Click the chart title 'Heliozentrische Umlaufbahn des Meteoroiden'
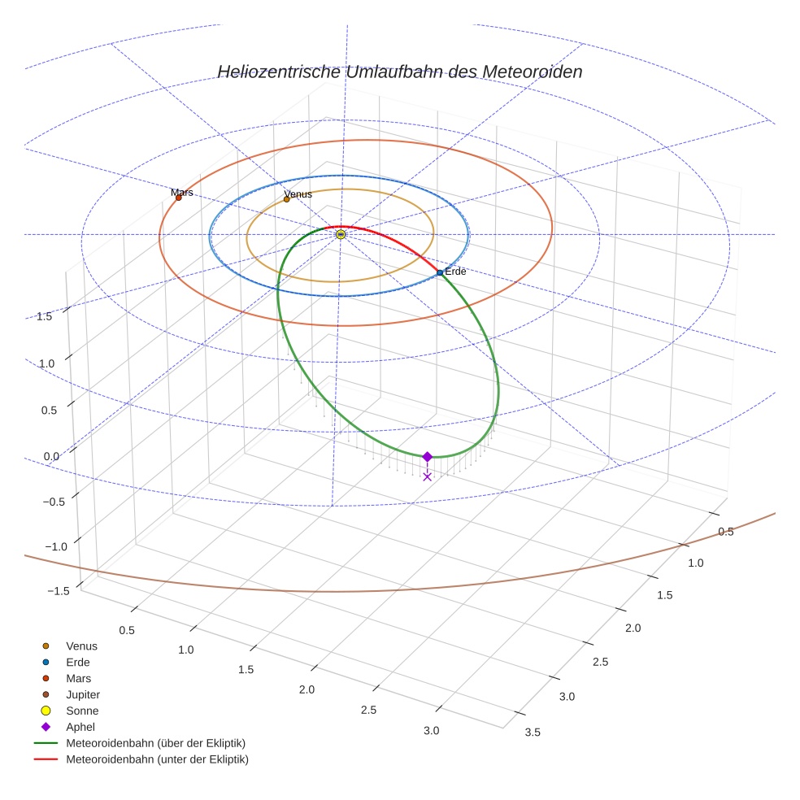point(399,72)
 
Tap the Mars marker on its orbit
point(179,198)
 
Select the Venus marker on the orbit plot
point(286,199)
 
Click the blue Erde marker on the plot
point(440,272)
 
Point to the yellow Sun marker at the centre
point(341,234)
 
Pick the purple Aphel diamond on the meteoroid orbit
point(427,457)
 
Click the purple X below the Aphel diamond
point(427,476)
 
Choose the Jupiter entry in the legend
point(82,694)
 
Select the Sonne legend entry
point(82,711)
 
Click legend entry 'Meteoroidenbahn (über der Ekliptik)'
point(155,743)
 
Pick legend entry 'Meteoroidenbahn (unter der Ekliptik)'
point(157,759)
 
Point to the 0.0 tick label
point(50,456)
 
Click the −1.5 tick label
point(55,591)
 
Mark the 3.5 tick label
point(533,732)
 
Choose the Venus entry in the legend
point(81,646)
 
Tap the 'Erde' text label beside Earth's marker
point(455,272)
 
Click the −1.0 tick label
point(54,546)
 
